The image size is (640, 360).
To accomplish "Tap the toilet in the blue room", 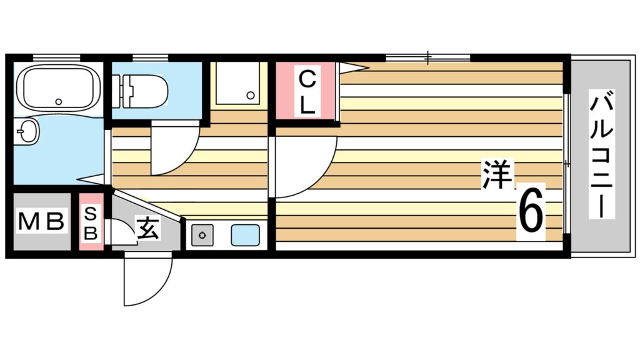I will click(144, 90).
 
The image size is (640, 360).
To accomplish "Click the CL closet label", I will click(306, 91).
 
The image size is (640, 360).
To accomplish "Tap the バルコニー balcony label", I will click(601, 154).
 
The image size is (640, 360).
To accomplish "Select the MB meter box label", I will click(41, 222).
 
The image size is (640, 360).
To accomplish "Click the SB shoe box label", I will click(91, 223).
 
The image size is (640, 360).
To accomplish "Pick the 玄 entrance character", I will click(147, 229).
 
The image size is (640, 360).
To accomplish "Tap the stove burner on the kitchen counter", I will click(202, 235).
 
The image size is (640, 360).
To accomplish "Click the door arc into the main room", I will click(306, 167).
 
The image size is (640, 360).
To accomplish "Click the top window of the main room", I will click(427, 58).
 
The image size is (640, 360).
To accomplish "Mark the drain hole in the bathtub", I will click(59, 101).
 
